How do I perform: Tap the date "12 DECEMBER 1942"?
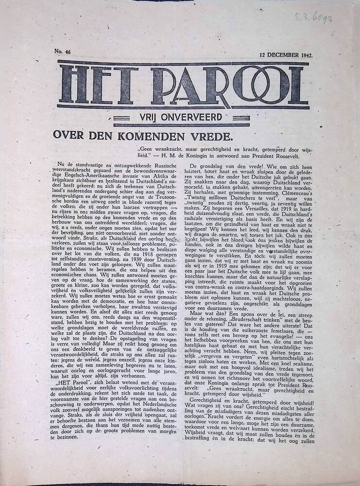click(x=286, y=55)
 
